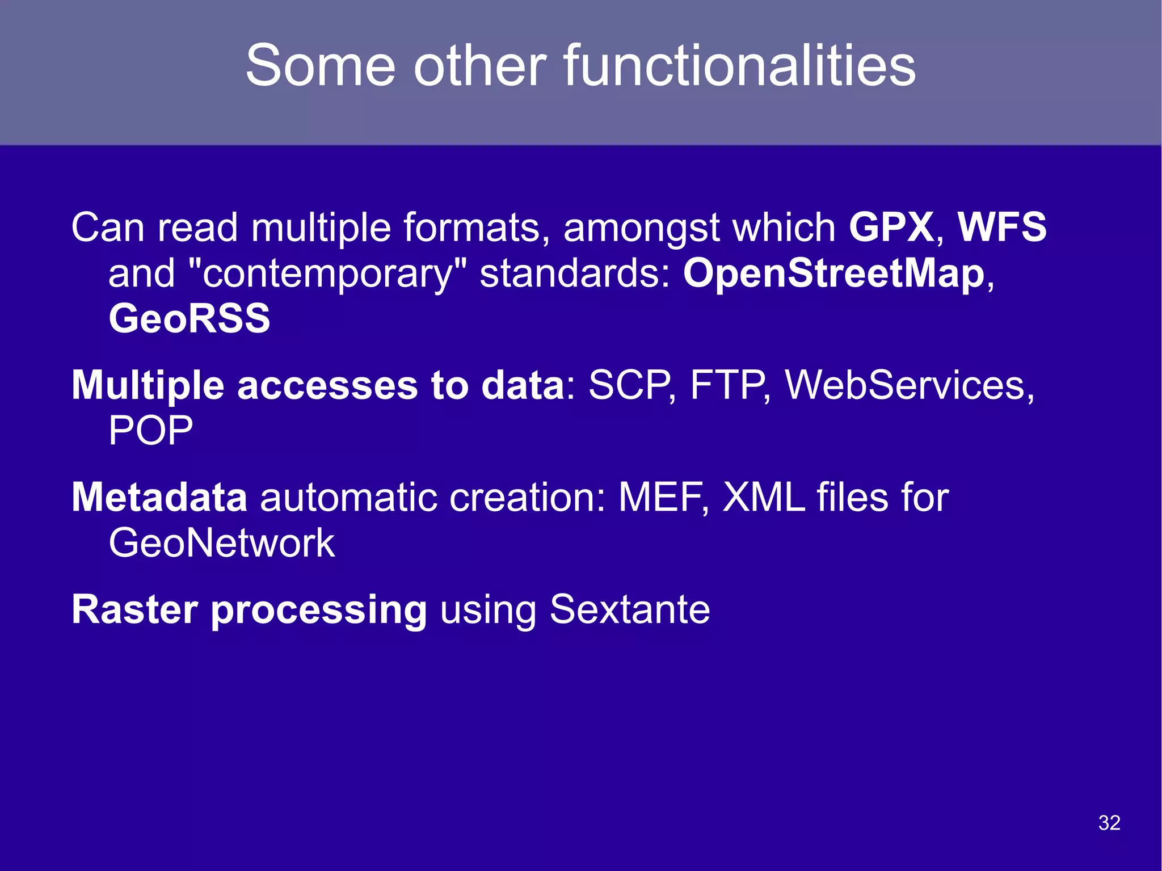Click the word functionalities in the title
pos(739,66)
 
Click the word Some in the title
pos(320,66)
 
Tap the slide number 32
pos(1109,823)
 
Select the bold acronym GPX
pos(891,228)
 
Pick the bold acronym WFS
pos(1002,228)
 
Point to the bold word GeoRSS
pos(190,318)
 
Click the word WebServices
pos(906,386)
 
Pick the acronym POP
pos(150,431)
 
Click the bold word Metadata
pos(159,498)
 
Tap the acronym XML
pos(763,498)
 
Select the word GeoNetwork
pos(221,543)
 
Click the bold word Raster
pos(134,610)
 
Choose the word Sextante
pos(629,610)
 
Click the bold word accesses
pos(327,386)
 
